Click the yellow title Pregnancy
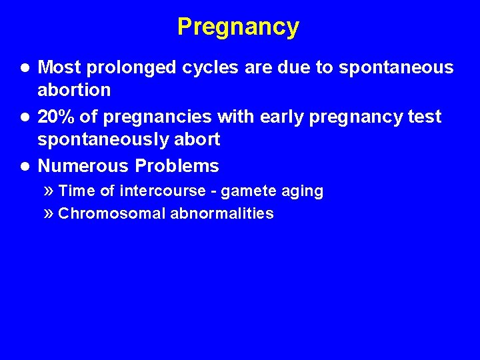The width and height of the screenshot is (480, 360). pos(238,27)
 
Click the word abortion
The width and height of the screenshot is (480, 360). pos(74,89)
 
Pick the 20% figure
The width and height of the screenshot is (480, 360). pos(56,117)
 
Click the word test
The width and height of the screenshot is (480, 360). pos(423,117)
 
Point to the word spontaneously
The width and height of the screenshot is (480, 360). pos(99,139)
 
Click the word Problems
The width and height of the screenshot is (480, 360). pos(177,166)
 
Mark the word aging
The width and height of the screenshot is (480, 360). pos(303,192)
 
